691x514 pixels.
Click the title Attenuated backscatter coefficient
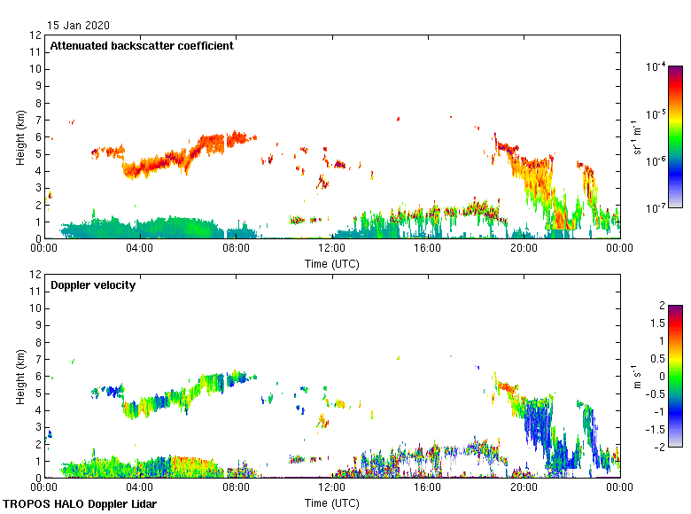tap(142, 46)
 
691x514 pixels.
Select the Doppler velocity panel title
tap(93, 285)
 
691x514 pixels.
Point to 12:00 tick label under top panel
tap(331, 249)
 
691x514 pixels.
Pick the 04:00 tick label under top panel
tap(140, 249)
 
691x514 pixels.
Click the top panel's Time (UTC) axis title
tap(332, 263)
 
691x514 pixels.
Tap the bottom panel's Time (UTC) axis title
tap(332, 502)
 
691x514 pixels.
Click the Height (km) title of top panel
tap(20, 136)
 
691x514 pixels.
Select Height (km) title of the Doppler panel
tap(20, 376)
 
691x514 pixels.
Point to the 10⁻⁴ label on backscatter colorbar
tap(656, 67)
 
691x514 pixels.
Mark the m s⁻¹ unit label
tap(637, 376)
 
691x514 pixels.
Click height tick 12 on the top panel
tap(36, 35)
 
